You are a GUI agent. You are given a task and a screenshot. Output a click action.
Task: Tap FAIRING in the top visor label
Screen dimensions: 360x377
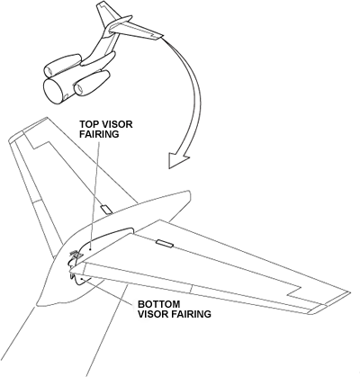pos(99,134)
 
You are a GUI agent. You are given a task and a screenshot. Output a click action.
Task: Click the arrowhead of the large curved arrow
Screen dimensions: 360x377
pos(177,160)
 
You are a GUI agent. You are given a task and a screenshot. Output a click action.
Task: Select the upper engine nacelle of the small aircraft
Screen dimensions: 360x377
pos(62,65)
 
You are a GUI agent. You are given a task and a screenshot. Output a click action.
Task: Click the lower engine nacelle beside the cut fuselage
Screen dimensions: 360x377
pos(91,83)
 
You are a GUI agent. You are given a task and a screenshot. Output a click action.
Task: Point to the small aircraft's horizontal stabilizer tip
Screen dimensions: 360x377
pos(163,36)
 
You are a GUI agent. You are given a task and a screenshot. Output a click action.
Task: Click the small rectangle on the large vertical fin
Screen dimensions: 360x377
pos(106,210)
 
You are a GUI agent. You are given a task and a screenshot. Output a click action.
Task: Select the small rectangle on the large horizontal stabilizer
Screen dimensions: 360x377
pos(165,244)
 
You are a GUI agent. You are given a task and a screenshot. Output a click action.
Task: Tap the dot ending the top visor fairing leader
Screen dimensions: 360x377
pos(91,248)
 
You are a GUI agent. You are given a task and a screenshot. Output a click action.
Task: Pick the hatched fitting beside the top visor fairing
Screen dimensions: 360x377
pos(76,255)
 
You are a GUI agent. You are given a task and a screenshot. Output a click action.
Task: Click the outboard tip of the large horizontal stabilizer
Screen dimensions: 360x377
pos(350,292)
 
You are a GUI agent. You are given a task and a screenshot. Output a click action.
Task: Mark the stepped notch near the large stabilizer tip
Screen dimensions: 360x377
pos(294,292)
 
